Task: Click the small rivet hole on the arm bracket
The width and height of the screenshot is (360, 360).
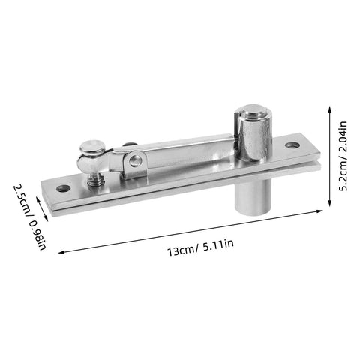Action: pos(136,160)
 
